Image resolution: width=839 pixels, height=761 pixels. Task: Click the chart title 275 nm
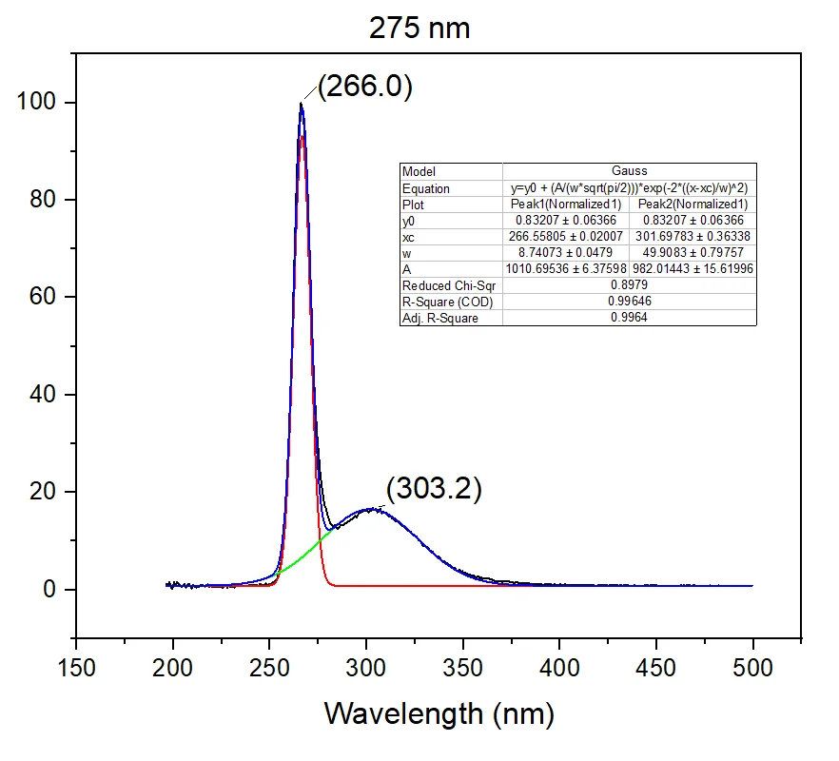click(x=419, y=28)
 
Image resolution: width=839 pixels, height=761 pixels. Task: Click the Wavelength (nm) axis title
click(x=439, y=712)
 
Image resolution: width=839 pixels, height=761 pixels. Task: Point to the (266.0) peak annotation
click(x=364, y=87)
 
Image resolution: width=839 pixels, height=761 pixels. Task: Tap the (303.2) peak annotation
click(x=434, y=489)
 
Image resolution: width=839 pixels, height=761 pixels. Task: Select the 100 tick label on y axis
click(x=37, y=102)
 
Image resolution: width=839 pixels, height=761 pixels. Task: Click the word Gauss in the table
click(x=629, y=172)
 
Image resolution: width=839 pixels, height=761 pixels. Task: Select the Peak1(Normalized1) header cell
click(x=566, y=205)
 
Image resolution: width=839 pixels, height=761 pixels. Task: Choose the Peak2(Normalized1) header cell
click(x=693, y=205)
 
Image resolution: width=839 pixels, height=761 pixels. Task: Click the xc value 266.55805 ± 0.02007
click(x=566, y=237)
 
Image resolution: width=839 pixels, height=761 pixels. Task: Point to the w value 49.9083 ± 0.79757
click(x=693, y=253)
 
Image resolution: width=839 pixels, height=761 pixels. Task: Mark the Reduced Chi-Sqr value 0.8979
click(x=629, y=285)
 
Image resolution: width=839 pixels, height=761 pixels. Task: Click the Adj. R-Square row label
click(x=439, y=319)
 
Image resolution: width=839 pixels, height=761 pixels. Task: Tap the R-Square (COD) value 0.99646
click(x=629, y=302)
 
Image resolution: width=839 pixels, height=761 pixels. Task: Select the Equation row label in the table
click(x=426, y=188)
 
